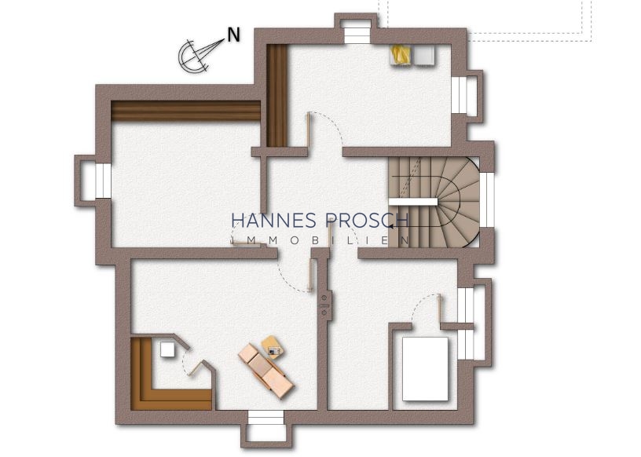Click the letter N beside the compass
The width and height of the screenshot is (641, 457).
(233, 35)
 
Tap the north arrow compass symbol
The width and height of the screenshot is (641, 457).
(196, 56)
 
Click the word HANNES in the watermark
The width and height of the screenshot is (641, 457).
(273, 221)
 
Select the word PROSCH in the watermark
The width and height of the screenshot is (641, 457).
(367, 221)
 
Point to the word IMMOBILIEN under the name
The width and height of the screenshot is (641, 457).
(320, 240)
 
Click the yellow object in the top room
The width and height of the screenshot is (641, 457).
(401, 55)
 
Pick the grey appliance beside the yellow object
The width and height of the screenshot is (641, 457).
(424, 55)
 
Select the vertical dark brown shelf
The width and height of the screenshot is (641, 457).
(277, 95)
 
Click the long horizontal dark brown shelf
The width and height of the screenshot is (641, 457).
(185, 111)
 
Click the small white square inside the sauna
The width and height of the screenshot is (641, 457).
(167, 349)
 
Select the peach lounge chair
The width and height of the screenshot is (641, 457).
(266, 371)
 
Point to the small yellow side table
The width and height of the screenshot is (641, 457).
(273, 347)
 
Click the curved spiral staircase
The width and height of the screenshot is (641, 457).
(434, 203)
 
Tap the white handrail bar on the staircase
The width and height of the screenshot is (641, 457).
(413, 202)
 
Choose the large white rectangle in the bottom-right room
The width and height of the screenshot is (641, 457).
(425, 369)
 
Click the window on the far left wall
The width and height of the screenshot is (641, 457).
(103, 181)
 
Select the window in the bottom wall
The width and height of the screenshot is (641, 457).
(266, 418)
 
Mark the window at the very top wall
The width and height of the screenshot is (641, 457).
(357, 35)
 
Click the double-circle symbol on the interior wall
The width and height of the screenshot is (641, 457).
(325, 305)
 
